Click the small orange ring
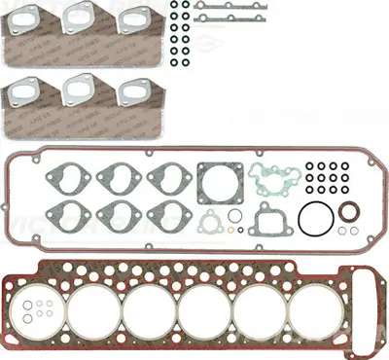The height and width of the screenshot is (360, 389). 234,213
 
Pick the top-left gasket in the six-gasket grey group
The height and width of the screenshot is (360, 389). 62,178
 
